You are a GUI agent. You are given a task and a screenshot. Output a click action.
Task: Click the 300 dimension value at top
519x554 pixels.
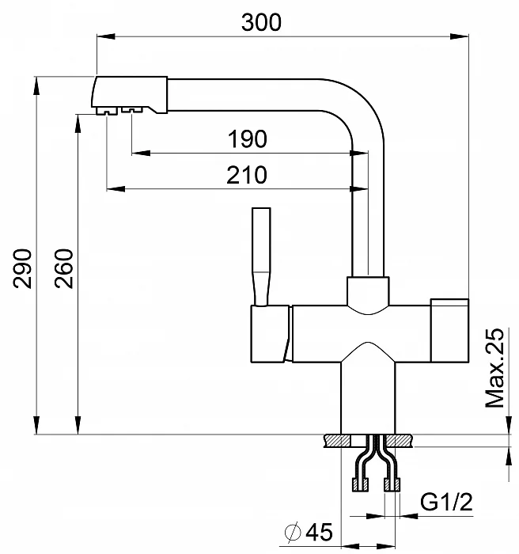pyautogui.click(x=261, y=22)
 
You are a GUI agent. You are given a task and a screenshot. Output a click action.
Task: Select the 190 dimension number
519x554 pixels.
pyautogui.click(x=248, y=139)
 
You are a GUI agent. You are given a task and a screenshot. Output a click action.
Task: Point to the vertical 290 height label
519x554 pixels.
pyautogui.click(x=24, y=269)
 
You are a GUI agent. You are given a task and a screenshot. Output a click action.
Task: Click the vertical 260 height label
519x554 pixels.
pyautogui.click(x=65, y=269)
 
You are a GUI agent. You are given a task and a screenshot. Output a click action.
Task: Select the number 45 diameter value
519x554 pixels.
pyautogui.click(x=316, y=533)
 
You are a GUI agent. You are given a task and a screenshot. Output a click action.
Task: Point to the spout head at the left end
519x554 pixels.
pyautogui.click(x=130, y=94)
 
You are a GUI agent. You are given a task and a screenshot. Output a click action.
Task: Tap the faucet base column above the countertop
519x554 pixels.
pyautogui.click(x=369, y=396)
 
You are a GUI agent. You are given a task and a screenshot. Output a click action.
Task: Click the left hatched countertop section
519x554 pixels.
pyautogui.click(x=338, y=440)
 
